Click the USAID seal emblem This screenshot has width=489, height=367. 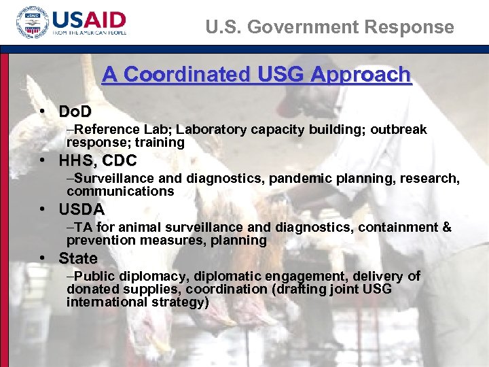coord(31,25)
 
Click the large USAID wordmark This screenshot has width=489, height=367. coord(89,19)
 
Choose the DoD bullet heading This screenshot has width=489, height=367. coord(75,111)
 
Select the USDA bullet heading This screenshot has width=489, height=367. coord(81,210)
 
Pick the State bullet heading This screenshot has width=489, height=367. coord(78,259)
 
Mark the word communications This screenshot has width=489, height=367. coord(120,192)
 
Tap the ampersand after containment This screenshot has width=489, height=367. coord(446,228)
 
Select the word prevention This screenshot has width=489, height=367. coord(98,241)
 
